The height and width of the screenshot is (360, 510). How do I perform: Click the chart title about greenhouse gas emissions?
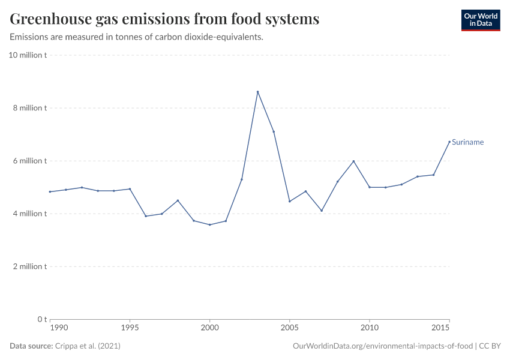pos(164,19)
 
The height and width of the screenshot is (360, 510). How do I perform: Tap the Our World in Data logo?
pos(480,20)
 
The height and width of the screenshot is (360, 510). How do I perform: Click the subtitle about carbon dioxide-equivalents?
pos(137,37)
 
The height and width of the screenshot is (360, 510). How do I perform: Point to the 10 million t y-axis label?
pos(28,55)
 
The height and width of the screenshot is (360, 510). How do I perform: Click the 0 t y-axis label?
pos(41,319)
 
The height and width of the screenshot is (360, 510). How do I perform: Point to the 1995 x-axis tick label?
pos(130,328)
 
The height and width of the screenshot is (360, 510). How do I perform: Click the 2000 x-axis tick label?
pos(209,328)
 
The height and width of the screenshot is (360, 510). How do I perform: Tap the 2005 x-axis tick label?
pos(289,328)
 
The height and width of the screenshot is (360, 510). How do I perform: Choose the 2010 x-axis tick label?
pos(369,328)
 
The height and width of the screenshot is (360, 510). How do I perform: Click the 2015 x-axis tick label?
pos(440,328)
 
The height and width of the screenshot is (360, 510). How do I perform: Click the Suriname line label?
pos(467,142)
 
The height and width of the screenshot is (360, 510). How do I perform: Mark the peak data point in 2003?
pos(257,92)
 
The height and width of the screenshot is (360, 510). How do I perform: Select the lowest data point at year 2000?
pos(209,224)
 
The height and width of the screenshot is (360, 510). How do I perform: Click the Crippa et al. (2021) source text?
pos(88,346)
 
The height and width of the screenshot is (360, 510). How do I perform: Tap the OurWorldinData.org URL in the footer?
pos(383,346)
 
